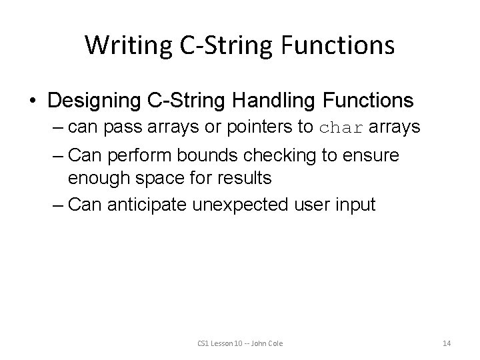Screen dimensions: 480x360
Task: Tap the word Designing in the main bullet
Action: tap(94, 101)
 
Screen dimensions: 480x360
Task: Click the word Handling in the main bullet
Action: tap(273, 101)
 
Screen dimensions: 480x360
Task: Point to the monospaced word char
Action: tap(341, 127)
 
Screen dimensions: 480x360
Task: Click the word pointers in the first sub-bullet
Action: tap(259, 127)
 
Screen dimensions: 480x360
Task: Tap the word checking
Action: tap(279, 155)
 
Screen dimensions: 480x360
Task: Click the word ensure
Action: tap(371, 155)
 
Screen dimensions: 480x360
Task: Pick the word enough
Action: tap(99, 179)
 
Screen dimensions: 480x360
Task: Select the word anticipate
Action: tap(147, 205)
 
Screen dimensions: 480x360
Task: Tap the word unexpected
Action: tap(240, 205)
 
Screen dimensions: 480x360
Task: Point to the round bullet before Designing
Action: tap(33, 101)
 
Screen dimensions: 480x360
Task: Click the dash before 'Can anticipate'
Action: tap(58, 206)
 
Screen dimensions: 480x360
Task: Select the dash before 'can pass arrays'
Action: tap(58, 128)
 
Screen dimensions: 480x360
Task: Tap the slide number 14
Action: tap(447, 343)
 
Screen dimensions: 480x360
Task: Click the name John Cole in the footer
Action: tap(267, 343)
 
